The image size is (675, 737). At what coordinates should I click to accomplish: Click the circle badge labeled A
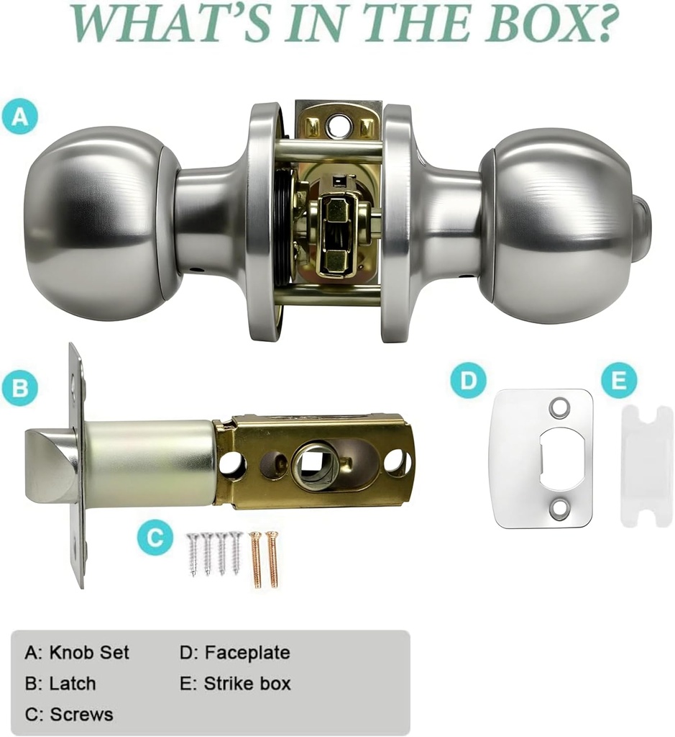pos(20,116)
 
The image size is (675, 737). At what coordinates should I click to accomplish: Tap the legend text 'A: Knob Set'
pos(76,652)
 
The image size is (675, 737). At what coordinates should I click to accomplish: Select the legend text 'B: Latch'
pos(60,684)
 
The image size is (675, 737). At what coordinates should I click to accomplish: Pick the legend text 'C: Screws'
pos(69,715)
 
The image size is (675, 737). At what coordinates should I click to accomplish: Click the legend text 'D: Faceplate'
pos(234,652)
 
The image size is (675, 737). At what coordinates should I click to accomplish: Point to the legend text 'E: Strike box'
pos(235,684)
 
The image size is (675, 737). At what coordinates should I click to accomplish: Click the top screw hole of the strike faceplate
pos(559,407)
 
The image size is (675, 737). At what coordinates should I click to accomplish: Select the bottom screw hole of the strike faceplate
pos(559,507)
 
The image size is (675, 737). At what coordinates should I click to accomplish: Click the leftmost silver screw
pos(192,553)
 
